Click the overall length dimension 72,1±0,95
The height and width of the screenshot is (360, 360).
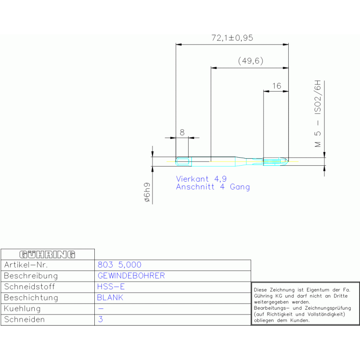232,38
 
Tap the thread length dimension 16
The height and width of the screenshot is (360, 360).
276,86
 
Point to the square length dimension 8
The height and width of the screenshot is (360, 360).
182,132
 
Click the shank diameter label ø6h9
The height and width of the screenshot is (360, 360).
147,192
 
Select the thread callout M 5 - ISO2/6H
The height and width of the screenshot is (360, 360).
318,114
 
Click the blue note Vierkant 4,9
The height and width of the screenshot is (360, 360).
201,179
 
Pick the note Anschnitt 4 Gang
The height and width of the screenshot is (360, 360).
213,187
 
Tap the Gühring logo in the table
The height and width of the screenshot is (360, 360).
47,254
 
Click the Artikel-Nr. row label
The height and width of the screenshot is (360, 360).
26,265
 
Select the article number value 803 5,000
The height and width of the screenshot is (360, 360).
119,265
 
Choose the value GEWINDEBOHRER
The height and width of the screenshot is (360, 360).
131,276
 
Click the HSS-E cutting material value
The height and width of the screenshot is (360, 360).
111,287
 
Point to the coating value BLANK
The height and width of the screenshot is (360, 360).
110,298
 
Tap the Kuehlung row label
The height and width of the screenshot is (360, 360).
22,309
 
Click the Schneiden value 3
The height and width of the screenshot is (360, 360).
100,319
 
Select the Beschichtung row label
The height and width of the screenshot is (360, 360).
31,298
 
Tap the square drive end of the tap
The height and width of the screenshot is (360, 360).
183,161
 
